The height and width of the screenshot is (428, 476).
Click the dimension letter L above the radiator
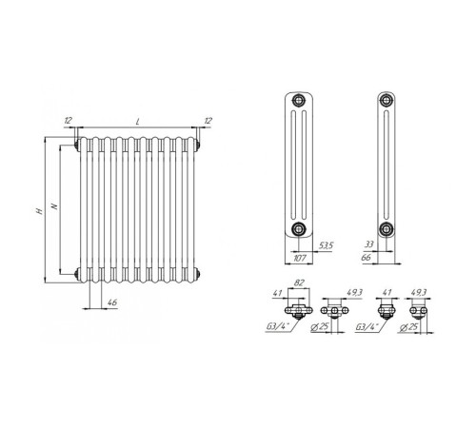point(138,122)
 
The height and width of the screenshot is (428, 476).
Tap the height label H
point(40,211)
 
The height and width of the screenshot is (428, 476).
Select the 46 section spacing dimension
point(112,302)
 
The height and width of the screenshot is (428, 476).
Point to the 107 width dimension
point(300,258)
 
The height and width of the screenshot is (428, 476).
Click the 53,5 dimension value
point(326,245)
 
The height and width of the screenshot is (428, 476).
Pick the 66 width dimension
point(366,258)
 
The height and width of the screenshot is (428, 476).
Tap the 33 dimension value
point(369,244)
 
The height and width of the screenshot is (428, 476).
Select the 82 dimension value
point(299,282)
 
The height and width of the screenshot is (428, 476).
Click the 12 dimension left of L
point(68,120)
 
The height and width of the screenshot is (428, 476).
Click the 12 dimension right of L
point(208,121)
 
